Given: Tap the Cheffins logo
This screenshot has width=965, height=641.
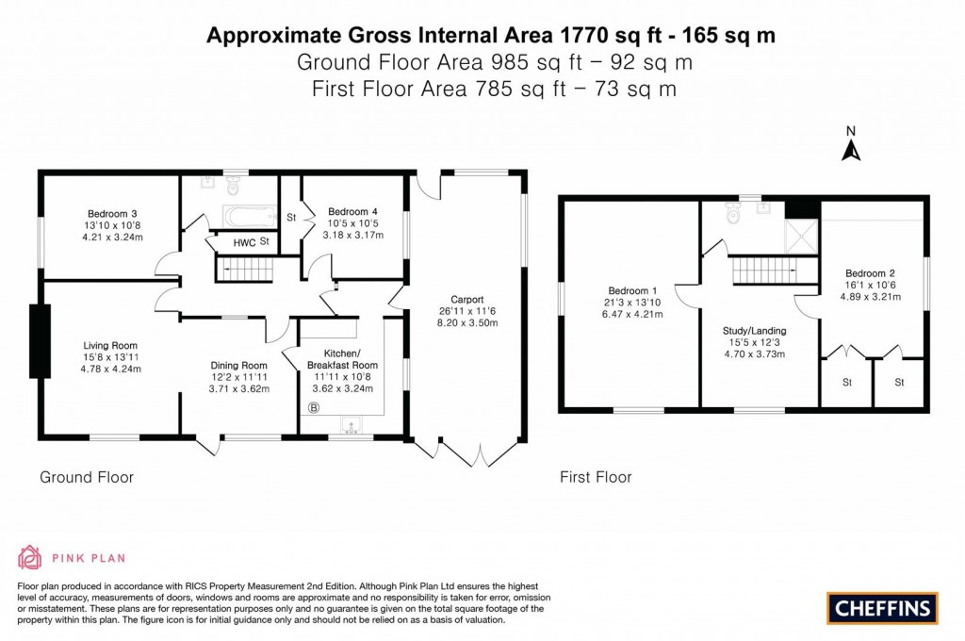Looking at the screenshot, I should pyautogui.click(x=882, y=608).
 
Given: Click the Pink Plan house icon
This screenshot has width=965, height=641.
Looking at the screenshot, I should pyautogui.click(x=29, y=557).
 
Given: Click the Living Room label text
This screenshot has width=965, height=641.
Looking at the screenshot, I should pyautogui.click(x=111, y=345).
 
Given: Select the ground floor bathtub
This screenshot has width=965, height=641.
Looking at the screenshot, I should pyautogui.click(x=248, y=217).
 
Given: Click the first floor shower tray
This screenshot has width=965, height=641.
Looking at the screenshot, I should pyautogui.click(x=802, y=237).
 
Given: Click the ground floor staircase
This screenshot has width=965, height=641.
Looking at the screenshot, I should pyautogui.click(x=244, y=271).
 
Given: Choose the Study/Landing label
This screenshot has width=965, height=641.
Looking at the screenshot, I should pyautogui.click(x=754, y=331).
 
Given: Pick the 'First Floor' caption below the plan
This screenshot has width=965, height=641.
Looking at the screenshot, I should pyautogui.click(x=596, y=477).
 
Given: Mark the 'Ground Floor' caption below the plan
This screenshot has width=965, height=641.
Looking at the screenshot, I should pyautogui.click(x=87, y=477).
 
